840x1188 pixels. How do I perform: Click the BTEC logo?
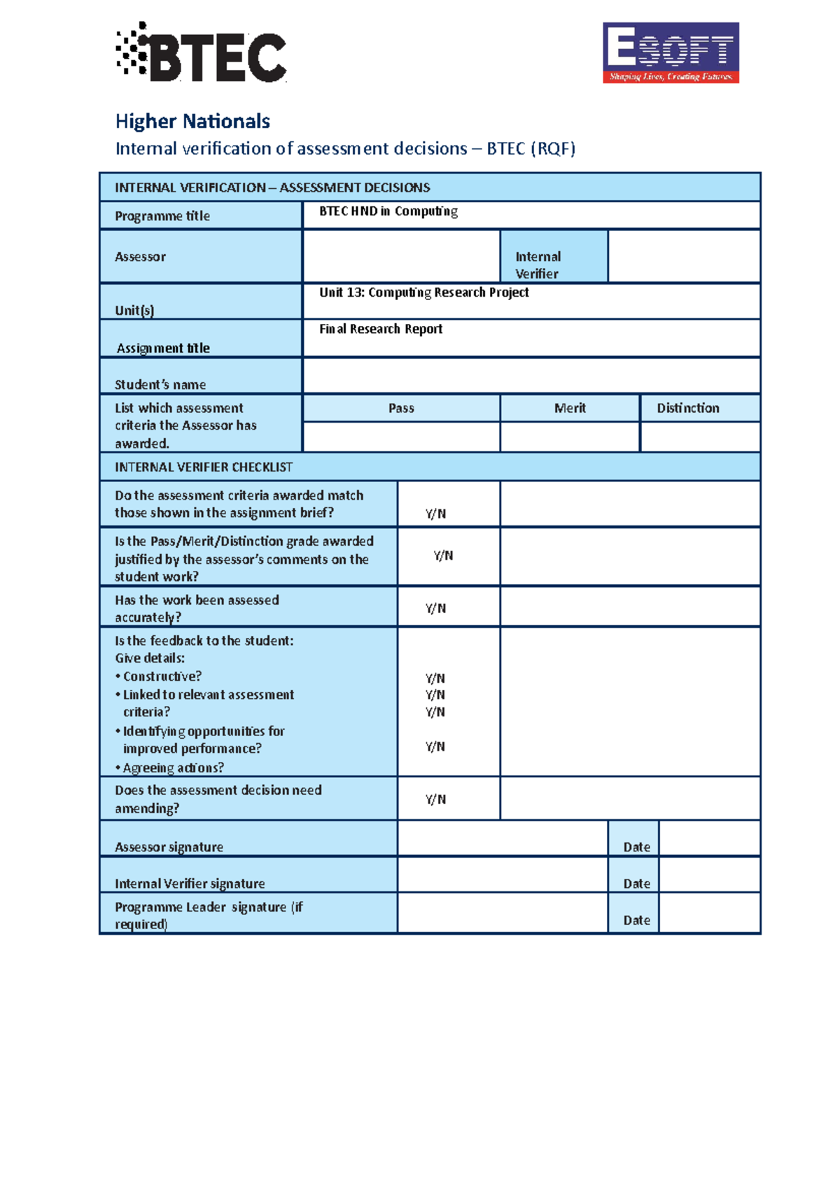point(201,53)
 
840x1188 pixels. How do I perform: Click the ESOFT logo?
point(671,52)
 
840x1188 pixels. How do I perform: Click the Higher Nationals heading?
point(192,121)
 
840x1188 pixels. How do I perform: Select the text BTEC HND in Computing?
point(388,211)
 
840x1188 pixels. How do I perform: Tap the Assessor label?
point(141,257)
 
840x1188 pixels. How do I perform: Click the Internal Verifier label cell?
point(554,264)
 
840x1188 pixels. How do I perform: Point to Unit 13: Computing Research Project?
point(424,292)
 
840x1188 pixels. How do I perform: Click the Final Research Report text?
point(381,329)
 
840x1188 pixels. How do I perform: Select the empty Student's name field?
point(531,376)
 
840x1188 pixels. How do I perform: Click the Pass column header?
point(401,408)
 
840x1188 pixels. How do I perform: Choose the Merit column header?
point(570,408)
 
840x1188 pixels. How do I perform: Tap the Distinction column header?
point(688,408)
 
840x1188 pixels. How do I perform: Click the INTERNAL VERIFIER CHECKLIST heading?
point(204,467)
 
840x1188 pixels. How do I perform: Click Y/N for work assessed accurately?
point(435,608)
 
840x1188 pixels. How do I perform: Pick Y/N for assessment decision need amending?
point(435,799)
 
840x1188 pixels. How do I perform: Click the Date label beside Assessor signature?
point(637,847)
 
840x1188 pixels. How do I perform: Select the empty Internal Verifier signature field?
point(502,875)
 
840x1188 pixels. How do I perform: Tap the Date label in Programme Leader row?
point(637,920)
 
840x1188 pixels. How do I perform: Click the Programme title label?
point(162,216)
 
